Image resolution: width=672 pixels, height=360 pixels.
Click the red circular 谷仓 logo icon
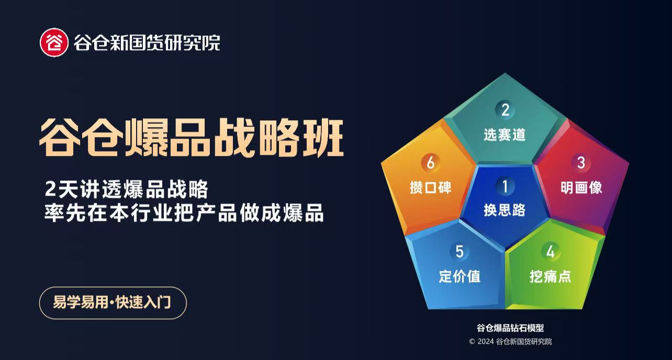[54, 42]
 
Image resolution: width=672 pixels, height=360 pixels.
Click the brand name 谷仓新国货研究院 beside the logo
[147, 42]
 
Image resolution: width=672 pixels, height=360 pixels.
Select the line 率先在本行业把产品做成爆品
[184, 213]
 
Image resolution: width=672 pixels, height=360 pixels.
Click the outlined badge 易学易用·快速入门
[113, 302]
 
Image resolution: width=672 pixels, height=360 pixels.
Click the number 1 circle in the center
[505, 186]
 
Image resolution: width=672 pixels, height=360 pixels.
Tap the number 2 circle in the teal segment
[505, 110]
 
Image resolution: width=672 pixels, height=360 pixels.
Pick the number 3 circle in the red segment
[581, 163]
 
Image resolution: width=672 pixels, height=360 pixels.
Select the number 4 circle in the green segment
[550, 252]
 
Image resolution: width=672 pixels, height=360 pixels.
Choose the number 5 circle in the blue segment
[460, 252]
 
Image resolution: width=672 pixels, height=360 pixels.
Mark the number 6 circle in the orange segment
[430, 163]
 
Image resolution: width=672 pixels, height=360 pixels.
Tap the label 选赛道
[505, 134]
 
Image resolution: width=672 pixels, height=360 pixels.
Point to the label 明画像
[581, 187]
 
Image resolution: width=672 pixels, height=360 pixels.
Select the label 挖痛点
[550, 276]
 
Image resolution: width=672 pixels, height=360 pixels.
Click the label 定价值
[460, 276]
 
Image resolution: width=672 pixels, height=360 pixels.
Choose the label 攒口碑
[430, 187]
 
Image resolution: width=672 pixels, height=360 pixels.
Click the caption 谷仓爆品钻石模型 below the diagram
[510, 328]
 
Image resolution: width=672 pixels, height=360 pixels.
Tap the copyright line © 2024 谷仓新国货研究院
[510, 342]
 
